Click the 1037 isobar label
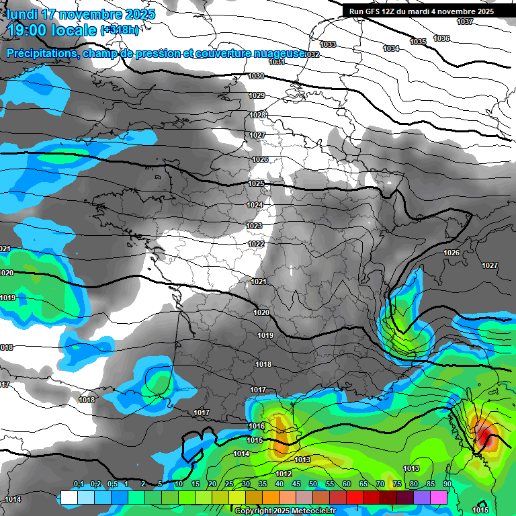tap(465, 21)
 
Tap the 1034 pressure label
tap(391, 48)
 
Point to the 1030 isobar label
tap(256, 77)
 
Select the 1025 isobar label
tap(256, 183)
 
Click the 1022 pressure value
tap(255, 244)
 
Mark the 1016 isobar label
tap(256, 427)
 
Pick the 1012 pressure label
tap(284, 474)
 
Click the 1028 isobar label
tap(257, 116)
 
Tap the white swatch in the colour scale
tap(69, 498)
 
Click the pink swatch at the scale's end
tap(439, 498)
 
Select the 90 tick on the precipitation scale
tap(447, 484)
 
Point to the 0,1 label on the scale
tap(79, 484)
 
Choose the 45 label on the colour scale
tap(296, 484)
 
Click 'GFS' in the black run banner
tap(377, 11)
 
